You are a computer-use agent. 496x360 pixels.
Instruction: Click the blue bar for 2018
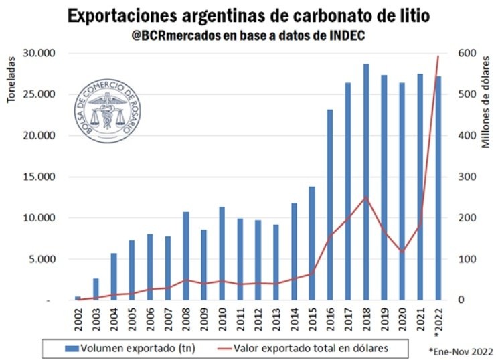coord(366,182)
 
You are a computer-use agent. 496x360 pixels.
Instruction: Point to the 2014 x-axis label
coord(294,321)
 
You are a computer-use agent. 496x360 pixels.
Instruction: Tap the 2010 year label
coord(222,321)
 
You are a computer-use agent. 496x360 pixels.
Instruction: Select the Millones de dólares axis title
coord(487,100)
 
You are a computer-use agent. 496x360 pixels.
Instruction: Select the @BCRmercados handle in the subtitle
coord(171,35)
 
